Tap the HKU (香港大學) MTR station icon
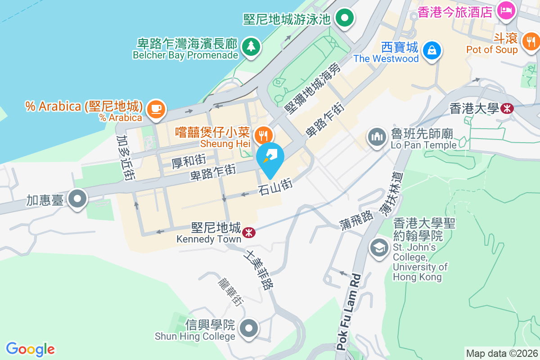[507, 108]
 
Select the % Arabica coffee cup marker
[156, 109]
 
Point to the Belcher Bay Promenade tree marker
[250, 46]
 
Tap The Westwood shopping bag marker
[432, 49]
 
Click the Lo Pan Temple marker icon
[377, 136]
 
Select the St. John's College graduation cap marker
[379, 247]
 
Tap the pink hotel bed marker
[506, 11]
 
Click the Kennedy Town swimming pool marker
[345, 18]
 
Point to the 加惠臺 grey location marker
[78, 198]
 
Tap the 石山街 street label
[275, 187]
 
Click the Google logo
[31, 349]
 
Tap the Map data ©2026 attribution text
[502, 353]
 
